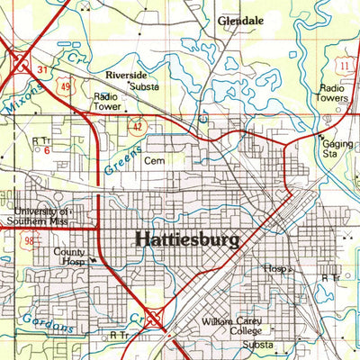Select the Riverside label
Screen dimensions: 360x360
click(x=125, y=76)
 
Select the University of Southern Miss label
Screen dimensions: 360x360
click(x=39, y=214)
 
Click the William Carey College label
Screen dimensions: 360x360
click(x=231, y=326)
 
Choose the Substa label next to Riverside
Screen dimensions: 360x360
click(x=143, y=87)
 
